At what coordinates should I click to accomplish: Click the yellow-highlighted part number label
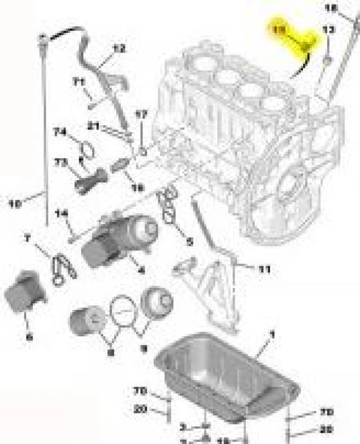click(x=279, y=28)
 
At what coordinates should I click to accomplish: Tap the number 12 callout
click(x=118, y=49)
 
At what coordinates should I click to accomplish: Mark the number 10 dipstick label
click(x=13, y=201)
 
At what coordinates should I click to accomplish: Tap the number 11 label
click(x=264, y=268)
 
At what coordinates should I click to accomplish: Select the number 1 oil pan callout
click(x=271, y=332)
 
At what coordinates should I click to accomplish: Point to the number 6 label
click(x=28, y=337)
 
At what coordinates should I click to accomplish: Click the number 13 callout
click(x=328, y=29)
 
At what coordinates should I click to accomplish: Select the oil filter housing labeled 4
click(x=120, y=236)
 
